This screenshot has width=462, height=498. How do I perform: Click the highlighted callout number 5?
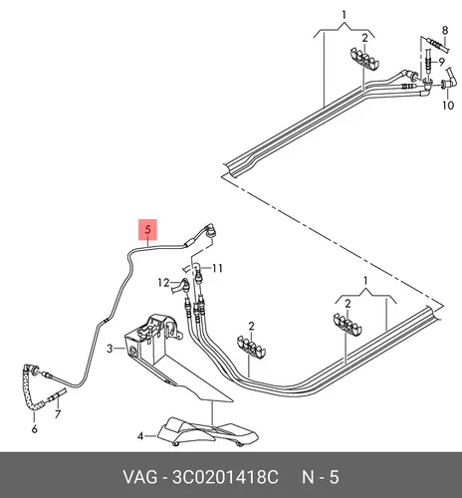click(x=147, y=229)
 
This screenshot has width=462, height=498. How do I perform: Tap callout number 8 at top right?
click(x=445, y=31)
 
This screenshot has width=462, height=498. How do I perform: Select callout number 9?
click(x=441, y=62)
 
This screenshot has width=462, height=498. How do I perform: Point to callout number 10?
click(x=448, y=106)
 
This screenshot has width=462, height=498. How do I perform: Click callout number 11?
click(x=217, y=268)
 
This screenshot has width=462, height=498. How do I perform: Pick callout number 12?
click(x=163, y=283)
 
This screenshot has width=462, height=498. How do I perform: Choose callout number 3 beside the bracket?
click(x=110, y=349)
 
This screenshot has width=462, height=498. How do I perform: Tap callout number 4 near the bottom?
click(x=140, y=436)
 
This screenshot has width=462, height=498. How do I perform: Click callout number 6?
click(x=35, y=428)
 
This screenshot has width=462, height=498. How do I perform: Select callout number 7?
click(x=58, y=414)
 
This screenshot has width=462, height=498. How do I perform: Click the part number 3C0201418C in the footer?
click(x=225, y=477)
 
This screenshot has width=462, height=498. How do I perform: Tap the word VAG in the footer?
click(x=140, y=477)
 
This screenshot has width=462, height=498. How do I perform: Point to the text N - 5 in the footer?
click(x=320, y=477)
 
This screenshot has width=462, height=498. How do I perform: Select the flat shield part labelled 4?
click(x=208, y=431)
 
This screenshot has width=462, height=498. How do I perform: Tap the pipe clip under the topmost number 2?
click(x=365, y=59)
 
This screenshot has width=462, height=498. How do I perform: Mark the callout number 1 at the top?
click(x=345, y=15)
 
